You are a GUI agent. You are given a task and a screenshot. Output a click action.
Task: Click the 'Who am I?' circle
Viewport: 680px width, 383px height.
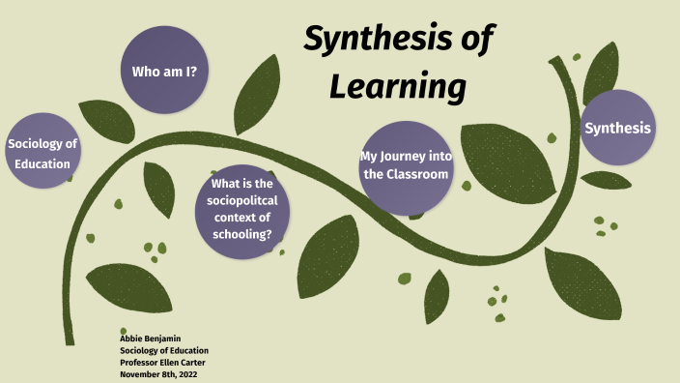(164, 71)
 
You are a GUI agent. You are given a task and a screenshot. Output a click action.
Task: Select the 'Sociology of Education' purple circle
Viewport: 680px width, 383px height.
(42, 154)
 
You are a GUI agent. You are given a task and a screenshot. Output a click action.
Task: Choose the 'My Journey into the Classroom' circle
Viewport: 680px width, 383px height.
(405, 166)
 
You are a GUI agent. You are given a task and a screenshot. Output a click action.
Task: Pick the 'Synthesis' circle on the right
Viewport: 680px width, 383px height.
(618, 128)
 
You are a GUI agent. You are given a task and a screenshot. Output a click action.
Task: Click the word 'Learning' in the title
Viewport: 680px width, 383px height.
(398, 86)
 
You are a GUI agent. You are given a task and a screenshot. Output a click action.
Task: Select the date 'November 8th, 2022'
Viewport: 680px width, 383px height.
(159, 373)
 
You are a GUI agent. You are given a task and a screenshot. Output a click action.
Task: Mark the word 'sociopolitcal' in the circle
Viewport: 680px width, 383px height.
(241, 200)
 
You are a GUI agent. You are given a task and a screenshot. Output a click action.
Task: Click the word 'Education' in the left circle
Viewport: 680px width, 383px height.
(42, 163)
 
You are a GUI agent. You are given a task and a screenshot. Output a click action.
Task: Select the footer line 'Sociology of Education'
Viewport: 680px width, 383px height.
(163, 350)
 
